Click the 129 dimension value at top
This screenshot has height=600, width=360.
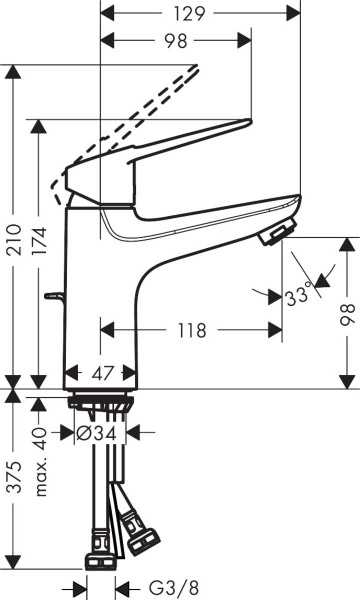201,14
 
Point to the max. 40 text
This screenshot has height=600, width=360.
41,446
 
